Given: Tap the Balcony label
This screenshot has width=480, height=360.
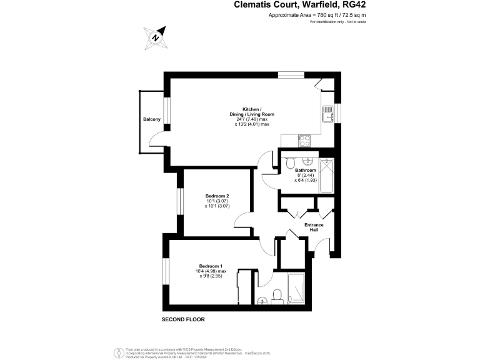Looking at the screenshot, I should (152, 119).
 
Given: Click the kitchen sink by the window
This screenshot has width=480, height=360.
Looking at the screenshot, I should (328, 114).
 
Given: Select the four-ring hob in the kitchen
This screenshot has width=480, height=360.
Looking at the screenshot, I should (305, 141).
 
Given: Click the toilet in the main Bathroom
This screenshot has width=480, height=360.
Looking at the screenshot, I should (290, 164).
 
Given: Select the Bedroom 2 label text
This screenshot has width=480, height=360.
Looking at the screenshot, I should (217, 196).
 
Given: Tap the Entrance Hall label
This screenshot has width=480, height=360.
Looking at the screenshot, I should (314, 227).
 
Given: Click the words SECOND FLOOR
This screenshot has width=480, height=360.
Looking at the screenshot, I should (183, 319).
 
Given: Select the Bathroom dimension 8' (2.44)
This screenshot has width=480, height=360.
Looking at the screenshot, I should (306, 175).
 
